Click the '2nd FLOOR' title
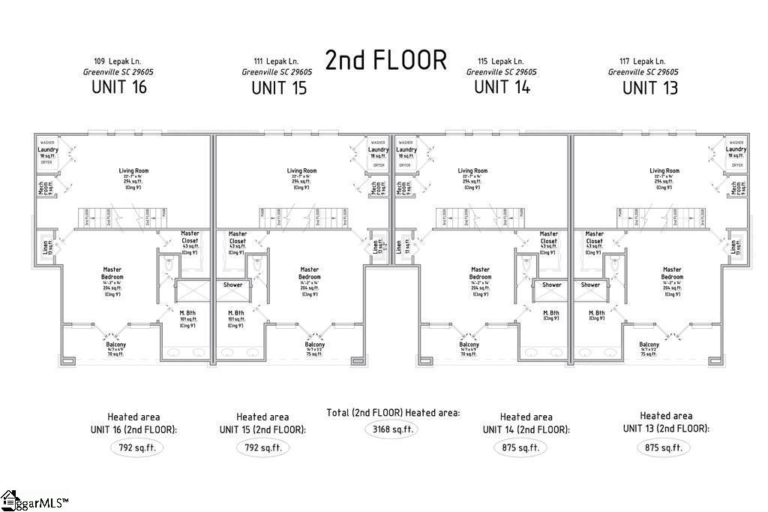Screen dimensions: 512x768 click(385, 59)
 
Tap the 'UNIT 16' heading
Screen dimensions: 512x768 click(118, 86)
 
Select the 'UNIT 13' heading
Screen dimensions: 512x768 click(649, 88)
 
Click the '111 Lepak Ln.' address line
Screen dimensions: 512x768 click(277, 61)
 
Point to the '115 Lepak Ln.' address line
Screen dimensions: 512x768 click(502, 61)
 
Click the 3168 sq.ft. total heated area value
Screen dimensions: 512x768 click(390, 430)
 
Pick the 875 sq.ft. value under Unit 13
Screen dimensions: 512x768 click(663, 447)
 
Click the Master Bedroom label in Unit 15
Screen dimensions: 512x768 click(309, 273)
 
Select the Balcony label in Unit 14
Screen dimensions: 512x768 click(469, 345)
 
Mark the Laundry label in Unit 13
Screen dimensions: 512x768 click(736, 149)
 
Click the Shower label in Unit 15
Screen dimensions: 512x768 click(233, 285)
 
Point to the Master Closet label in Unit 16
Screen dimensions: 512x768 click(190, 236)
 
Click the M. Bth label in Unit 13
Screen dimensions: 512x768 click(596, 313)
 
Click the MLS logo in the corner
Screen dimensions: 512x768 click(34, 501)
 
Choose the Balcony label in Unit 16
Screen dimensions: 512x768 click(115, 345)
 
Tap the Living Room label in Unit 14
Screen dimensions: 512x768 click(472, 171)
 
